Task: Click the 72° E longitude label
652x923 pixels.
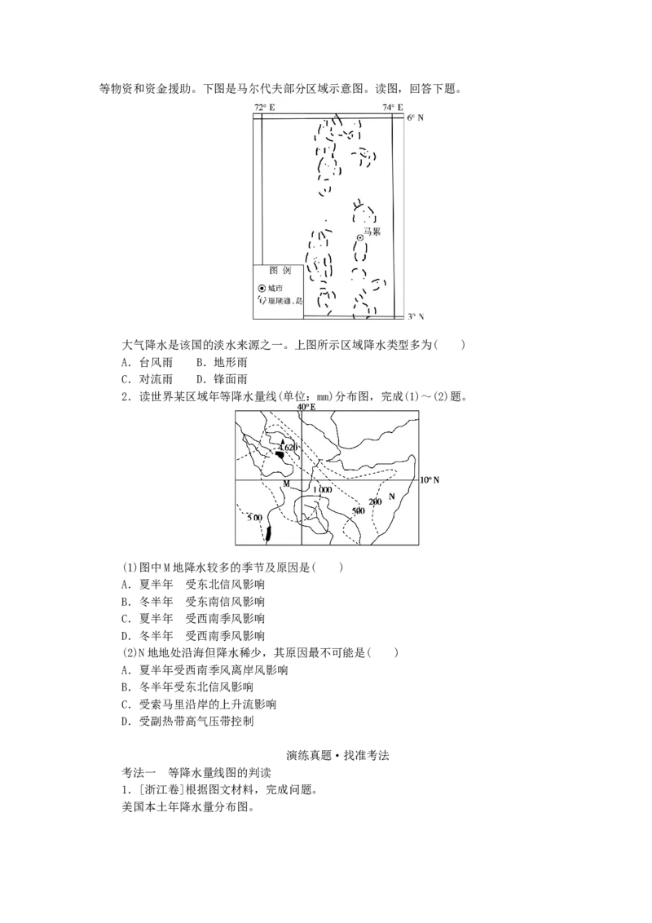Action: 265,108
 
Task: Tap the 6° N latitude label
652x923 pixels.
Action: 416,117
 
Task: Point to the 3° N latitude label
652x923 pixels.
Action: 416,316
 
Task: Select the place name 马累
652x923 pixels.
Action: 372,232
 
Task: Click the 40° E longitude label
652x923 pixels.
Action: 306,406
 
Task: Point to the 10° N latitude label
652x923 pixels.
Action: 430,480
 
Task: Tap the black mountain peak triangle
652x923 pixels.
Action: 282,442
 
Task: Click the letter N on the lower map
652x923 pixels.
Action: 392,496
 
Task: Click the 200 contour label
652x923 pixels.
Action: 375,501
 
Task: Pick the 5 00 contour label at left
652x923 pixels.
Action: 254,518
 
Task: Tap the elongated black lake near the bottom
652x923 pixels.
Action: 268,534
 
